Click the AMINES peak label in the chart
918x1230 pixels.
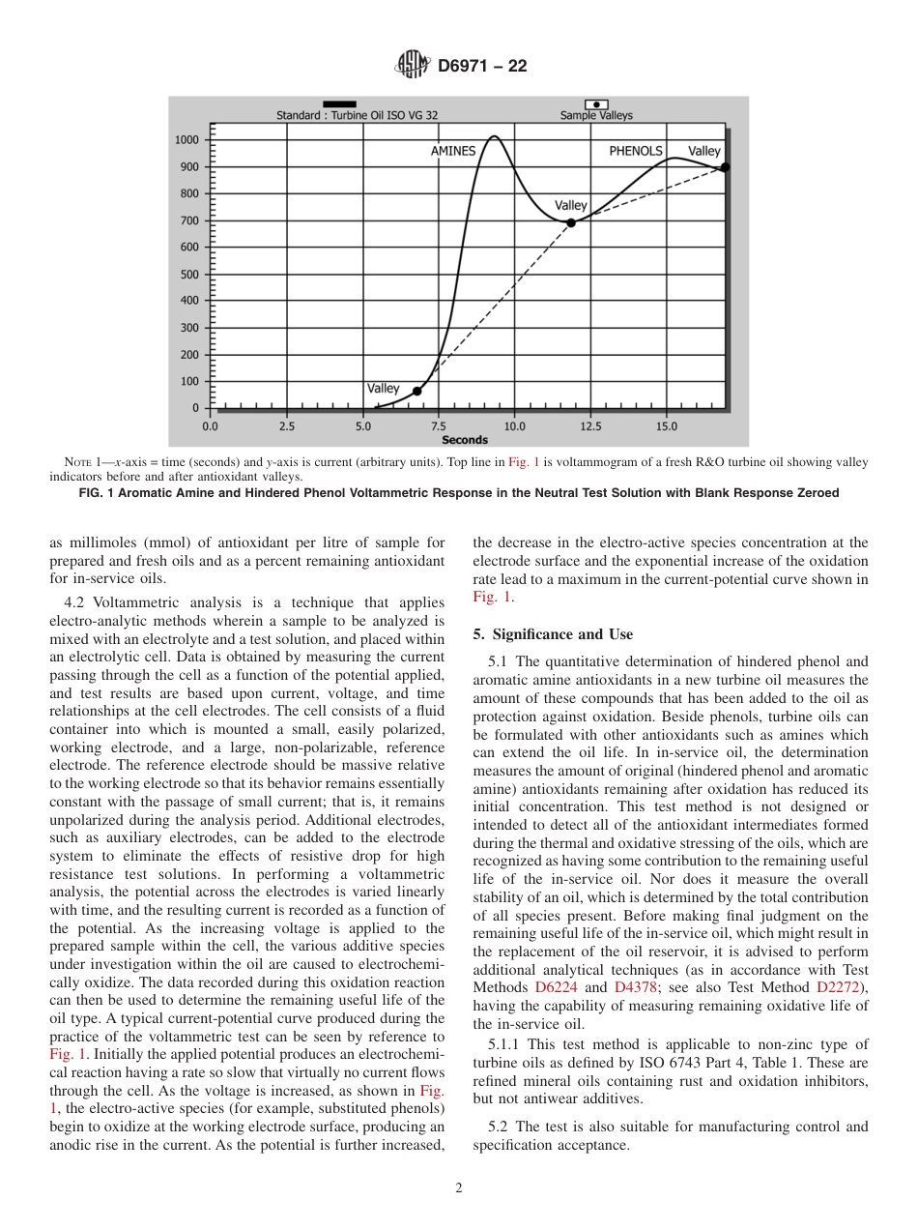(x=452, y=151)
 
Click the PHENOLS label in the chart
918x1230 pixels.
(x=635, y=151)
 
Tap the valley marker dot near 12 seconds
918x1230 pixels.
(x=571, y=222)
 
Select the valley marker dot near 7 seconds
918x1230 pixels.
(x=417, y=391)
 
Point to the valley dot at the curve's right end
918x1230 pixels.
(x=725, y=167)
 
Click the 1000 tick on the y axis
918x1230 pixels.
(x=186, y=140)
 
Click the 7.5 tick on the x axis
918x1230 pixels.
(x=439, y=425)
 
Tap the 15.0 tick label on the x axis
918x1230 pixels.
(x=667, y=425)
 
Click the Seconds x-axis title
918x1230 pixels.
(x=465, y=439)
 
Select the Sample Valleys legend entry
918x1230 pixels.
(x=596, y=115)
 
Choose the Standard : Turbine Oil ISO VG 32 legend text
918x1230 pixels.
(x=357, y=115)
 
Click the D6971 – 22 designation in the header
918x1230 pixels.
(x=482, y=67)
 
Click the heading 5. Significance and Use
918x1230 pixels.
(x=553, y=634)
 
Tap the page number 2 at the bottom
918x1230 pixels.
(x=459, y=1188)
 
